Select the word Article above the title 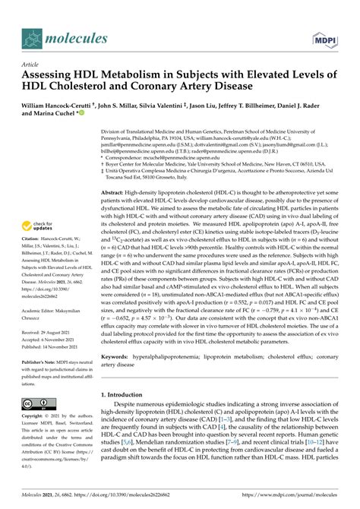pyautogui.click(x=30, y=66)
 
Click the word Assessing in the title pyautogui.click(x=50, y=77)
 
